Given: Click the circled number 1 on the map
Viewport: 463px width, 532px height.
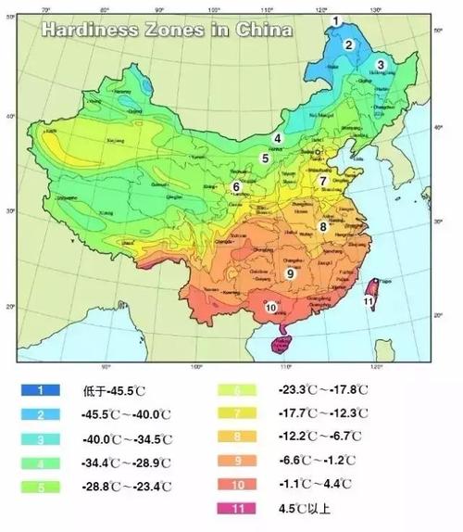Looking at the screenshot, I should [x=337, y=20].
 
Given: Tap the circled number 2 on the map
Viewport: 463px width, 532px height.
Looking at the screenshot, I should [x=349, y=44].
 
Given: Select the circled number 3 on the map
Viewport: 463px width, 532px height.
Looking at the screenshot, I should [x=380, y=64].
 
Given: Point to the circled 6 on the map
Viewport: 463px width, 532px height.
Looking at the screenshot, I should [x=236, y=186].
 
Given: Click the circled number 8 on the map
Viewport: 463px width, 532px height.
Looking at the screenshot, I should [x=323, y=226].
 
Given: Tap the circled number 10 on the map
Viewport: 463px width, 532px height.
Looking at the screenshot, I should [x=271, y=307].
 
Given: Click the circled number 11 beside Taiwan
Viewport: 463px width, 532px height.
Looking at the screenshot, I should [x=369, y=301].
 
